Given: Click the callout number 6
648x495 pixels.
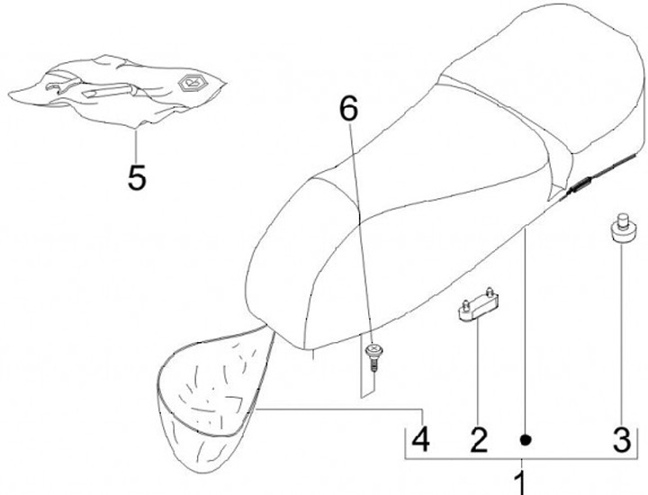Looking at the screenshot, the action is point(349,109).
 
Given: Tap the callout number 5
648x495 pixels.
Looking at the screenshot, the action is point(137,177).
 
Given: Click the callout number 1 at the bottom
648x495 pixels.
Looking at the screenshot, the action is point(521,482).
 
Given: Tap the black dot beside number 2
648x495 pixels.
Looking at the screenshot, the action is point(526,440).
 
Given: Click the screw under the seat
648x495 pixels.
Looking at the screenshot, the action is point(373,357).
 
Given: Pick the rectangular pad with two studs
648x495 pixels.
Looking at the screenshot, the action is point(479,304).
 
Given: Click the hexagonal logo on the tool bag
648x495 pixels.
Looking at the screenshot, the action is point(192,84).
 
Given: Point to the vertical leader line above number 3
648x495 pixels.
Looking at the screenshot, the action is point(621,334).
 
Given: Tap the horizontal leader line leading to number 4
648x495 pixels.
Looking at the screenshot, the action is point(339,409).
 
